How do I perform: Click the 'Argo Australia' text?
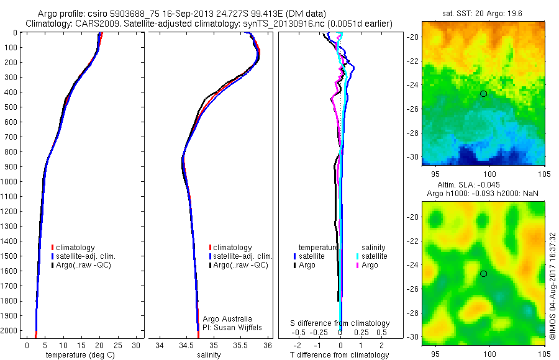227,319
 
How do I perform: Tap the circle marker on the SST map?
484,93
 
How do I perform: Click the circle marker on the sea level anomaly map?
484,274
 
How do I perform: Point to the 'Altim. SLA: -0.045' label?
472,186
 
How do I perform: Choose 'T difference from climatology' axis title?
340,355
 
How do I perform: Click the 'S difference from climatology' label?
340,323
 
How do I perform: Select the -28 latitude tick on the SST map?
412,133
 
